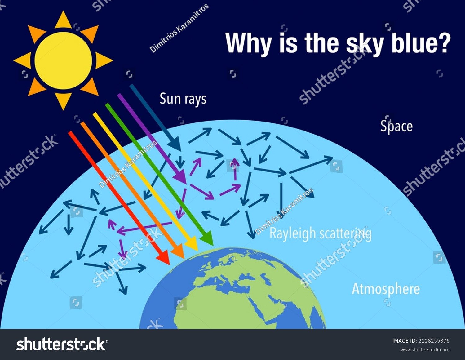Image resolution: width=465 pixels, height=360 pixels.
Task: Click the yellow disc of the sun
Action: (63, 60)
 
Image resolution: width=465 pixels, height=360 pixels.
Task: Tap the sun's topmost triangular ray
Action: (64, 20)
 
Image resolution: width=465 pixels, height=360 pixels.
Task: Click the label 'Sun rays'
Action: (183, 99)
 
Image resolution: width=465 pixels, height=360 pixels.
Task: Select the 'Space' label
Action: (396, 127)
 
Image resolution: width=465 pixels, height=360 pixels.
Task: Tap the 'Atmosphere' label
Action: (386, 289)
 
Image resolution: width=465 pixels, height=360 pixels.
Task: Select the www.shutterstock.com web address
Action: (425, 350)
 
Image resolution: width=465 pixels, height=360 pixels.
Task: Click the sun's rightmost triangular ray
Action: (104, 60)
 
